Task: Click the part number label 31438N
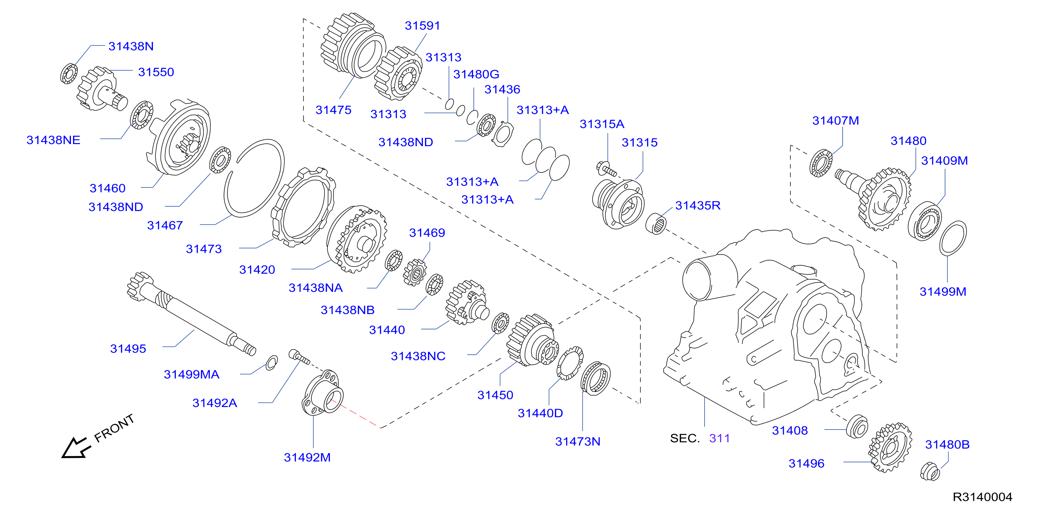131,46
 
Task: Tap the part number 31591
422,26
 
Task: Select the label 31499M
943,292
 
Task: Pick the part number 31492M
307,458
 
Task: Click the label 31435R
697,205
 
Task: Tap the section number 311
719,438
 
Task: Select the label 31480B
947,444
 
